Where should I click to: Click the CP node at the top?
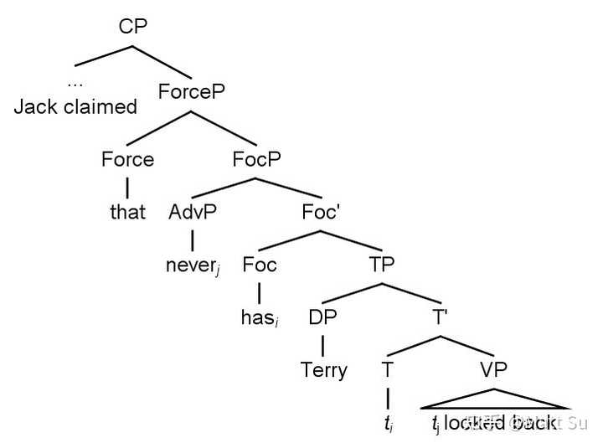tap(133, 26)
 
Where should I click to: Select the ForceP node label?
tap(193, 90)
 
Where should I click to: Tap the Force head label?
tap(127, 159)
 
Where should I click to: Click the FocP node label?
tap(257, 159)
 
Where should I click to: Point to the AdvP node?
tap(193, 211)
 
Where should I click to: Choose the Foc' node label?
tap(321, 211)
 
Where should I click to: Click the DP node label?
tap(322, 317)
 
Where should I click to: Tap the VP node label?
tap(492, 369)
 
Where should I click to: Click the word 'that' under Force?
tap(127, 212)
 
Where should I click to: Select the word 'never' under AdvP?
tap(191, 266)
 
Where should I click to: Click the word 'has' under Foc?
tap(257, 319)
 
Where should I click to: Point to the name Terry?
tap(323, 370)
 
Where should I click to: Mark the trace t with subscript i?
tap(387, 424)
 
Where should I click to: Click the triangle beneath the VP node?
tap(493, 399)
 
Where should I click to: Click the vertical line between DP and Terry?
tap(322, 343)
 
